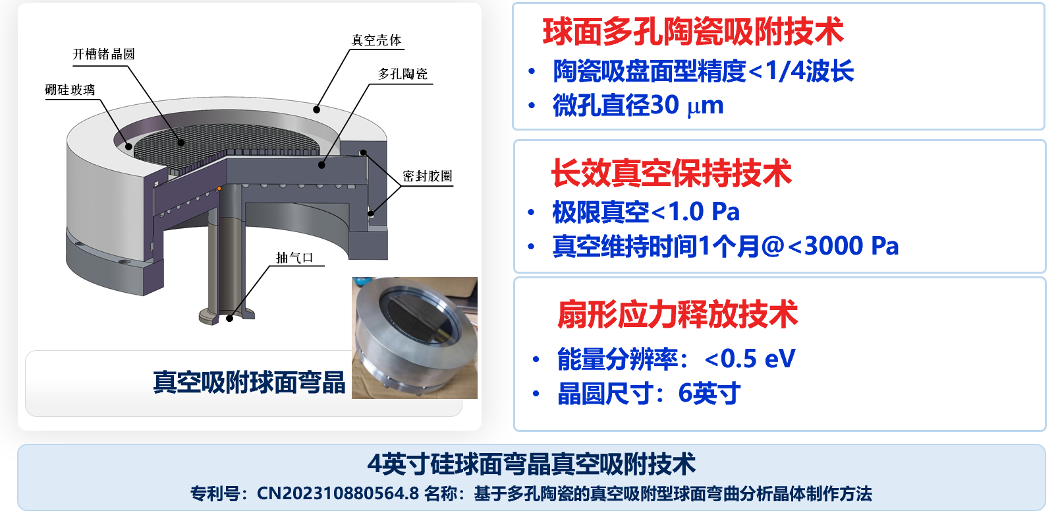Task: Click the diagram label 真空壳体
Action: click(x=376, y=40)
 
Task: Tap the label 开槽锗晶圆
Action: click(x=103, y=54)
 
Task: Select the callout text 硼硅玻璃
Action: click(x=70, y=90)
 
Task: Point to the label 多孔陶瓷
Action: click(x=403, y=74)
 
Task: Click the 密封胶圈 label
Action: click(x=428, y=177)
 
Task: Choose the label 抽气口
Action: click(x=294, y=258)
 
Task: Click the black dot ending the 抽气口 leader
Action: click(x=230, y=319)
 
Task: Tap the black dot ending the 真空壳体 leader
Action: click(x=317, y=110)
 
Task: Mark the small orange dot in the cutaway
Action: click(x=219, y=189)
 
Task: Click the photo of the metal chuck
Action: click(x=414, y=338)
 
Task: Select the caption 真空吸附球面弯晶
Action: click(x=250, y=382)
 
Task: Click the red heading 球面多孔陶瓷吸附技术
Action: click(x=693, y=32)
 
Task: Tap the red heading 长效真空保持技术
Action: click(x=671, y=173)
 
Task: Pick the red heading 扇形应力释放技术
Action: click(x=677, y=314)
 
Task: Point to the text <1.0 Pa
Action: click(x=696, y=212)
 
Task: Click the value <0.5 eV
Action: click(x=750, y=359)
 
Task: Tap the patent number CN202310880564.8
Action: click(x=337, y=493)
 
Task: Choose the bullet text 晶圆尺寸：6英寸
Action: click(x=649, y=394)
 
